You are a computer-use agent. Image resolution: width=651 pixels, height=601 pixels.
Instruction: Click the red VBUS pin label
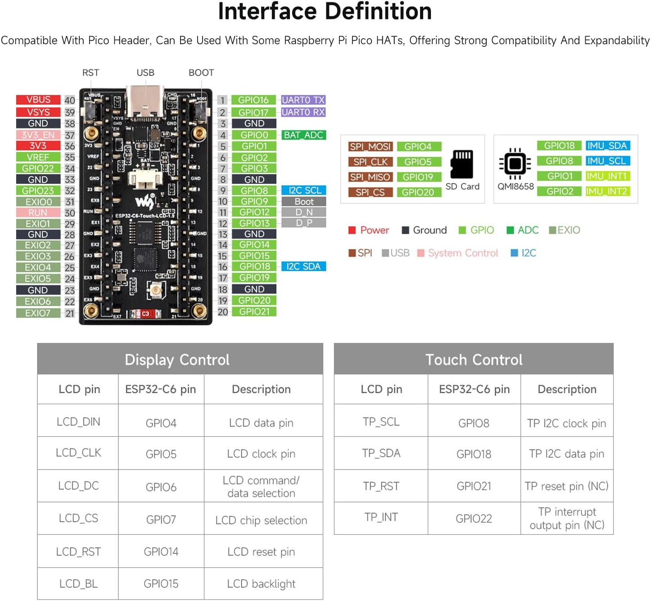click(38, 100)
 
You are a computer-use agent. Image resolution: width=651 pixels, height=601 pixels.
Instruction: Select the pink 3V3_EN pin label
click(38, 135)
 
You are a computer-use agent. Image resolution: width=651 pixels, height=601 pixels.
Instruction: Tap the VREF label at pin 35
click(38, 157)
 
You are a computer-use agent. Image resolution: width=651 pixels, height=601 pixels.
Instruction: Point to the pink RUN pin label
click(38, 212)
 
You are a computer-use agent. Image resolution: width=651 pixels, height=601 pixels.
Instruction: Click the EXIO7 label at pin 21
click(38, 313)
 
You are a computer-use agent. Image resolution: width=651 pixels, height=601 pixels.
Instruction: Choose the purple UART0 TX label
click(303, 100)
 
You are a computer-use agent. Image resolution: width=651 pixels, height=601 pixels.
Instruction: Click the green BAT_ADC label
click(303, 135)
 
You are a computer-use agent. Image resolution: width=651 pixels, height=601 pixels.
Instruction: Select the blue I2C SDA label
click(303, 267)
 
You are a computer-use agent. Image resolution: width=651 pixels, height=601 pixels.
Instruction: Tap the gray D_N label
click(303, 212)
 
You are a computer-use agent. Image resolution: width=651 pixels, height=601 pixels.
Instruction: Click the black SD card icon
click(462, 164)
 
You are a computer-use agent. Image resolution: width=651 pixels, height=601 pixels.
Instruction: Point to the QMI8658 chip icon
click(515, 163)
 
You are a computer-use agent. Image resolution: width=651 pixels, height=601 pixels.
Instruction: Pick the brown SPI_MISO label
click(370, 177)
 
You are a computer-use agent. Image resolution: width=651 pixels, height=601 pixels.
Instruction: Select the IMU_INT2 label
click(606, 191)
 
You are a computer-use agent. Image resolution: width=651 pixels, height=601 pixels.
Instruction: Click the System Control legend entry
click(462, 253)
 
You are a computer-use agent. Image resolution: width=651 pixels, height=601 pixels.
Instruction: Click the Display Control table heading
click(177, 360)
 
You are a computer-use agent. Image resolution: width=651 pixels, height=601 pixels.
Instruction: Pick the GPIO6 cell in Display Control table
click(161, 487)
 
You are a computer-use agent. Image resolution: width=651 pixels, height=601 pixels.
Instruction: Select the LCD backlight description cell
click(261, 584)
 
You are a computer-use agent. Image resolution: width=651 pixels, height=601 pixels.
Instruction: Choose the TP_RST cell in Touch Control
click(381, 486)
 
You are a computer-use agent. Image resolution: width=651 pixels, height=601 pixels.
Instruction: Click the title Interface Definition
click(325, 12)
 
